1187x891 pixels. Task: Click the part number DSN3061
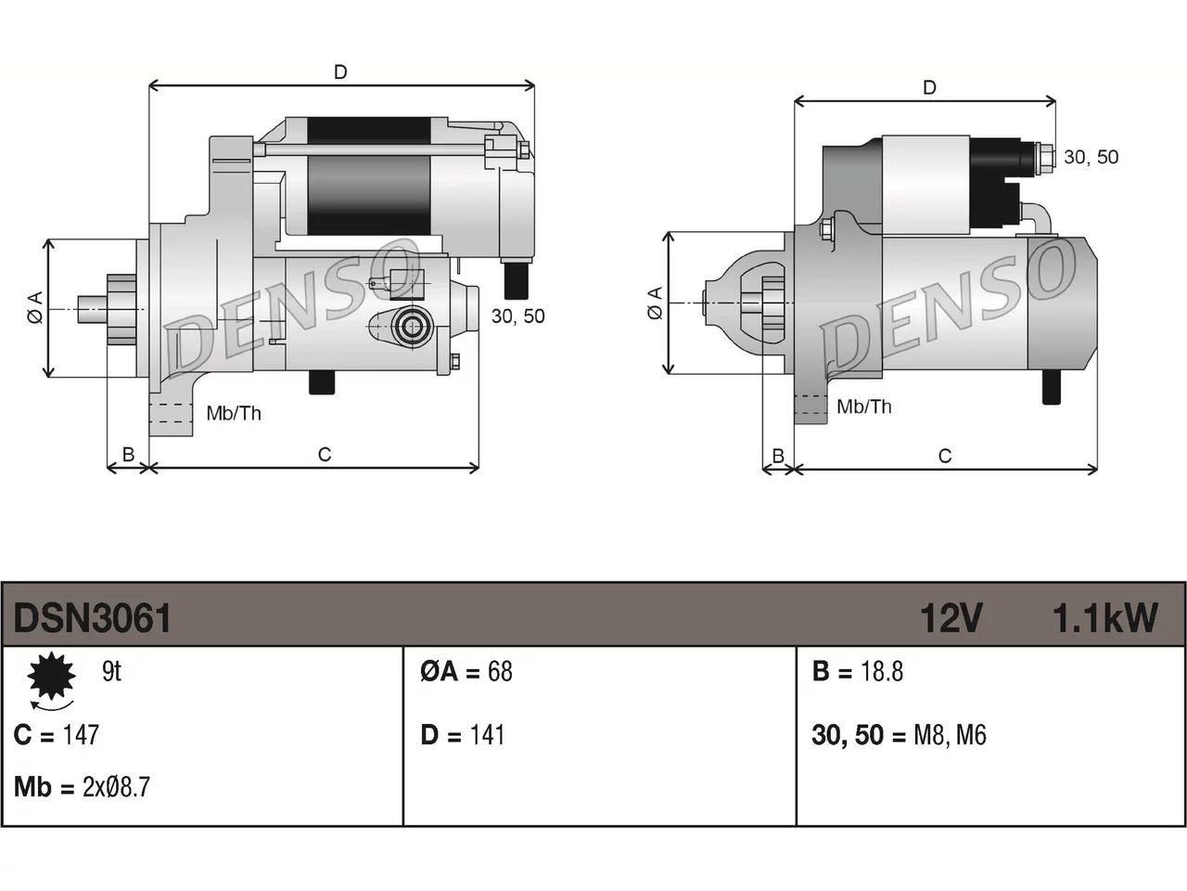coord(93,618)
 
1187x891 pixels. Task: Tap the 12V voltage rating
coord(951,618)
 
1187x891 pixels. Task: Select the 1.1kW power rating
coord(1105,618)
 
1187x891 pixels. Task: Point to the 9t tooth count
coord(112,671)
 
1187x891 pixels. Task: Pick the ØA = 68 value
coord(466,671)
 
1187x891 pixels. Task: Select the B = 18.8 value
coord(858,671)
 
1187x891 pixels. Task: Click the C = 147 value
coord(57,735)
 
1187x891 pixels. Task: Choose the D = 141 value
coord(463,735)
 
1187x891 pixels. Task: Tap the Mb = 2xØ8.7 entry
coord(83,787)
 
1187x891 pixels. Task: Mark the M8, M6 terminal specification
coord(950,735)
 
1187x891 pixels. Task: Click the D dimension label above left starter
coord(340,72)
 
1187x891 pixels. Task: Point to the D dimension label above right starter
coord(929,87)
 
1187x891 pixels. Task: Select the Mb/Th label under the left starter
coord(234,413)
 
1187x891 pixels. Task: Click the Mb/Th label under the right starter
coord(864,407)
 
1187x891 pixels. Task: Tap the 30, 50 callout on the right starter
coord(1091,157)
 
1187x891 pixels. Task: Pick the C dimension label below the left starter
coord(325,455)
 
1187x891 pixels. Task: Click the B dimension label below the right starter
coord(778,456)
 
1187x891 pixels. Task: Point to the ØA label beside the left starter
coord(35,307)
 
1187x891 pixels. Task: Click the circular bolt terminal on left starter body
coord(412,326)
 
